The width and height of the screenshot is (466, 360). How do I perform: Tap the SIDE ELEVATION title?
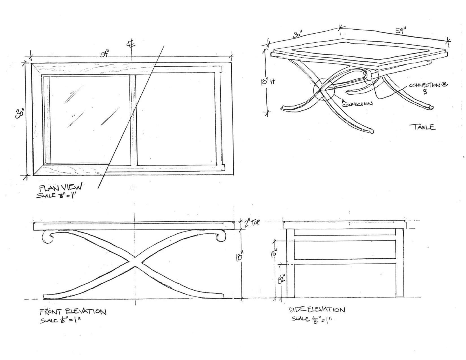(x=316, y=310)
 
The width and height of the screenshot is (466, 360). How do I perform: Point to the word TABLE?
(x=422, y=127)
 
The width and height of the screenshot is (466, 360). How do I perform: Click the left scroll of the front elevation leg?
(x=47, y=236)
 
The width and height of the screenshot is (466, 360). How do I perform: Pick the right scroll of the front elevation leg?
(x=221, y=236)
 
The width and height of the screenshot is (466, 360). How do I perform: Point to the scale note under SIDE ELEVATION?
(x=311, y=319)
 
